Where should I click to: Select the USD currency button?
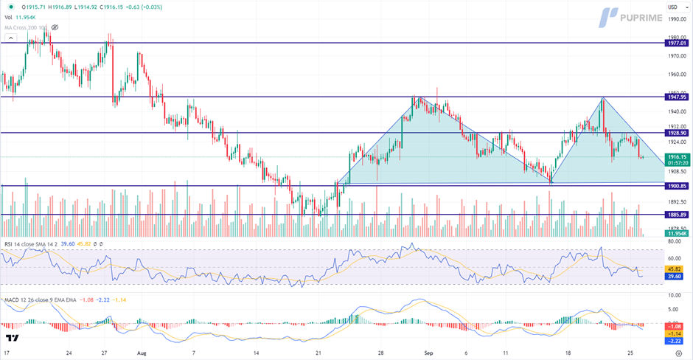coord(672,7)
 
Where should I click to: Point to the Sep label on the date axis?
coord(427,353)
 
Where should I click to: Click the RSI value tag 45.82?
coord(675,269)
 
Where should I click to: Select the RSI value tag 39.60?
coord(675,276)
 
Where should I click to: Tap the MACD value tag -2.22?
coord(675,341)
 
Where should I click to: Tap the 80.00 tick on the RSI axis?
coord(673,241)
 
